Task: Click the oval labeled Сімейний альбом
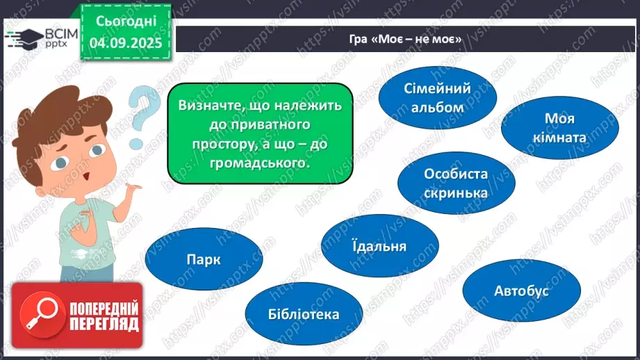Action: pyautogui.click(x=438, y=97)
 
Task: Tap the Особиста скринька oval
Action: pyautogui.click(x=456, y=183)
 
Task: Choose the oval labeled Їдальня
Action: pyautogui.click(x=379, y=246)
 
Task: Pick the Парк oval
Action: pyautogui.click(x=204, y=260)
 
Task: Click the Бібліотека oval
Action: pyautogui.click(x=304, y=314)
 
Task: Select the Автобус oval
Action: pyautogui.click(x=521, y=290)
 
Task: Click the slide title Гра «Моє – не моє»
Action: pyautogui.click(x=406, y=39)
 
